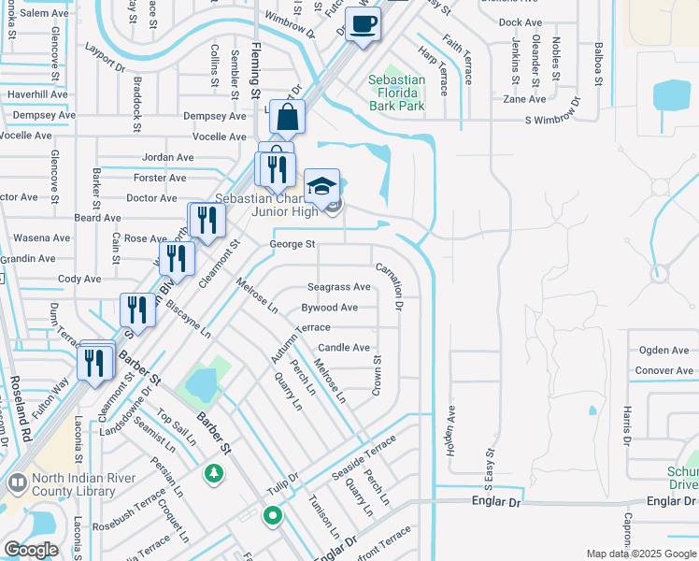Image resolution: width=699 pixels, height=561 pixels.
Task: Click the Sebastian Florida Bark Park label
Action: click(x=397, y=93)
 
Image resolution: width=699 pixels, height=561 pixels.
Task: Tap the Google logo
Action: click(x=32, y=549)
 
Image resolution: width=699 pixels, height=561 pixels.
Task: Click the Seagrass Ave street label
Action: click(x=339, y=287)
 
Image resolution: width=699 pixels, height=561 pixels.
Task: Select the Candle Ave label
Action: click(x=344, y=347)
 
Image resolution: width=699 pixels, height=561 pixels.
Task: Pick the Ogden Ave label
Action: click(x=663, y=351)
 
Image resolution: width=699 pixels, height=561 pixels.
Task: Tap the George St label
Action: click(x=292, y=244)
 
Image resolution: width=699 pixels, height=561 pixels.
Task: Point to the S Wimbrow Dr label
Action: click(x=552, y=120)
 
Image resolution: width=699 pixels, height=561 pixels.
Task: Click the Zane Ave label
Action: click(x=523, y=99)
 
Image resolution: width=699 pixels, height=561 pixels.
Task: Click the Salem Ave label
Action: click(x=45, y=13)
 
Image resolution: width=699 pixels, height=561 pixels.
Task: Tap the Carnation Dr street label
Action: click(x=389, y=286)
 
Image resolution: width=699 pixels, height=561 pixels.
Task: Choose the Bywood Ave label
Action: click(x=329, y=307)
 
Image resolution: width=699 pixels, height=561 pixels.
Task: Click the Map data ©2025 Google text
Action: click(x=641, y=554)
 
